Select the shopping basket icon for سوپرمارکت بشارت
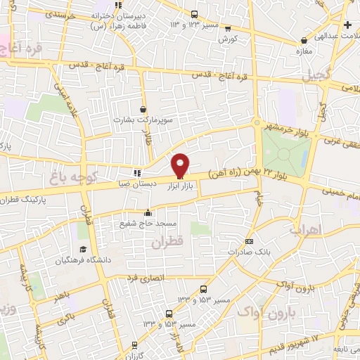(x=143, y=110)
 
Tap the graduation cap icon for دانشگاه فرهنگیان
(x=82, y=250)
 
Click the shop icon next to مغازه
(x=304, y=41)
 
